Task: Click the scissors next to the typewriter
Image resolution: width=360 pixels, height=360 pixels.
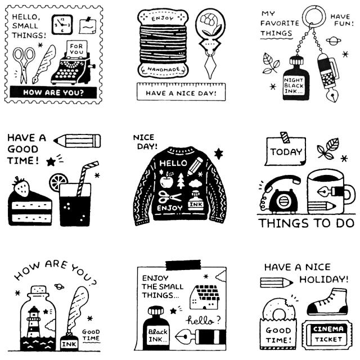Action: coord(24,64)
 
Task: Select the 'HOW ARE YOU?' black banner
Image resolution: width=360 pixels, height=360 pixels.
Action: coord(54,92)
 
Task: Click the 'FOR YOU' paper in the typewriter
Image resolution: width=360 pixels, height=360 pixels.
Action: coord(75,47)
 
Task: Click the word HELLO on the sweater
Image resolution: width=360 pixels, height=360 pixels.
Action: coord(173,164)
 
